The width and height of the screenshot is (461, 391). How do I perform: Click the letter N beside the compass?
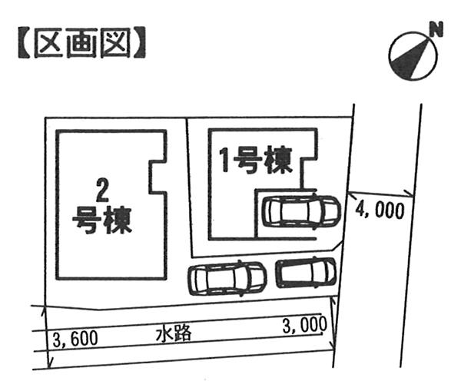click(436, 31)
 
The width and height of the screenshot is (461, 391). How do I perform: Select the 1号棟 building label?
click(254, 161)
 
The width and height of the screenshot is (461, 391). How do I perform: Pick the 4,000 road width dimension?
click(380, 210)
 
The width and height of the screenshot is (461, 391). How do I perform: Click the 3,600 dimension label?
click(75, 339)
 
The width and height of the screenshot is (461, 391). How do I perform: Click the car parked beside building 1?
click(300, 210)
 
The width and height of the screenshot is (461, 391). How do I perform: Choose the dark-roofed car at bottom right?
click(306, 271)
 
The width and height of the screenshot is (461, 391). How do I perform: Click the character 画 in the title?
click(81, 44)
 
